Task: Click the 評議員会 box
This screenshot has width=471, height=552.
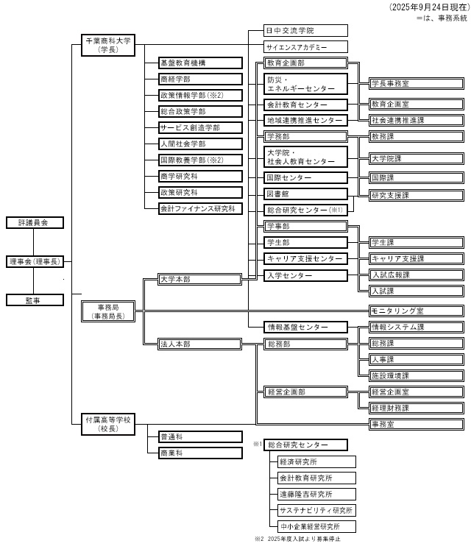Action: tap(34, 222)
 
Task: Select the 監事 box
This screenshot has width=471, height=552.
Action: tap(34, 300)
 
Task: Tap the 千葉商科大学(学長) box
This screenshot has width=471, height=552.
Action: tap(108, 46)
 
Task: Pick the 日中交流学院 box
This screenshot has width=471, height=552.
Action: tap(305, 31)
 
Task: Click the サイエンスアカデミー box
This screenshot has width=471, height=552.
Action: tap(305, 46)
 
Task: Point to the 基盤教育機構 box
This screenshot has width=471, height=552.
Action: tap(200, 64)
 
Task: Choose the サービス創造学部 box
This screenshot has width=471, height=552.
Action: tap(200, 128)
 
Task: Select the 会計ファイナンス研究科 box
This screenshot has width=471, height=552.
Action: tap(200, 208)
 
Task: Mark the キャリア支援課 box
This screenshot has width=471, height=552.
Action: tap(416, 258)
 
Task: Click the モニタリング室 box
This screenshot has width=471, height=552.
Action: tap(416, 311)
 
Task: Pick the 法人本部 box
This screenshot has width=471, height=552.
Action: tap(200, 344)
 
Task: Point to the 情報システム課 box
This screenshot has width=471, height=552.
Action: tap(416, 328)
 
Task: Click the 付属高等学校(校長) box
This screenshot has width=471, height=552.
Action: tap(108, 424)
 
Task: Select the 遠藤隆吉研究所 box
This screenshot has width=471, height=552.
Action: tap(316, 495)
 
